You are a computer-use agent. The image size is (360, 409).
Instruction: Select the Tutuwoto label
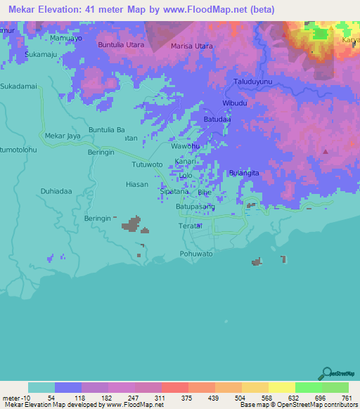[148, 164]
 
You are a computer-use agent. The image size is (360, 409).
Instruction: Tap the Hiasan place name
[136, 184]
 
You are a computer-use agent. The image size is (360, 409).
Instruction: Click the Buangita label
[245, 173]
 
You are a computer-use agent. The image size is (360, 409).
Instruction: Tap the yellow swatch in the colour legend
[281, 387]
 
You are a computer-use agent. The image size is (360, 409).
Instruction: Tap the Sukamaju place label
[39, 53]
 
